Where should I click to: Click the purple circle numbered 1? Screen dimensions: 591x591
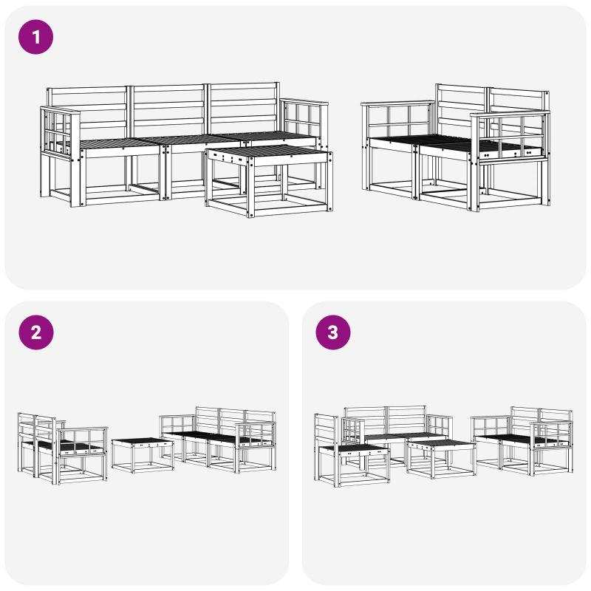click(x=35, y=37)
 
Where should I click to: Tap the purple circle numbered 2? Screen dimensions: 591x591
click(x=35, y=332)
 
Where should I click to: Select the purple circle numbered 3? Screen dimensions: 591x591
click(x=333, y=332)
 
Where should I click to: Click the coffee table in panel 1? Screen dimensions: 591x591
click(x=269, y=181)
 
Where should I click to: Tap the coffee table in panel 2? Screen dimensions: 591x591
click(x=143, y=455)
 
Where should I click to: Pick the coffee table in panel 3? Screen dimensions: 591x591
click(x=441, y=459)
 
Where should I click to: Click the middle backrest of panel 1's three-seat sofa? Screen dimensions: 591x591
click(x=168, y=110)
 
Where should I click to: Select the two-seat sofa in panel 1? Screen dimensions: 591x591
click(x=455, y=147)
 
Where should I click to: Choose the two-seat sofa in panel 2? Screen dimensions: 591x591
click(x=63, y=448)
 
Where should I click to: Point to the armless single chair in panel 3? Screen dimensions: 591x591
click(x=352, y=451)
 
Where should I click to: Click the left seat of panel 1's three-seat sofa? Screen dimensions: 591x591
click(x=120, y=143)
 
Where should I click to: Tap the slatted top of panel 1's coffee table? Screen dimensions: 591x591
click(x=267, y=151)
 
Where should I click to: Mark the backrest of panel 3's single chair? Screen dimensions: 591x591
click(x=327, y=431)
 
